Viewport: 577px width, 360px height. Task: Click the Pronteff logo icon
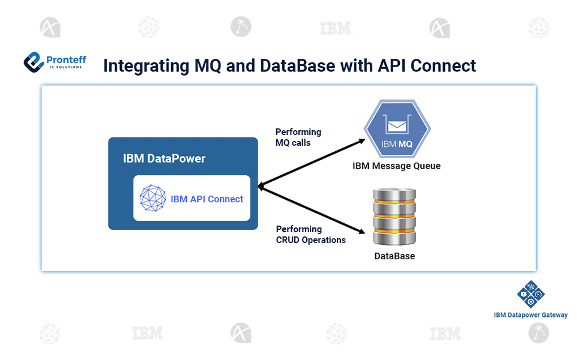(x=34, y=62)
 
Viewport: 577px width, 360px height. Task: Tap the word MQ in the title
(x=220, y=65)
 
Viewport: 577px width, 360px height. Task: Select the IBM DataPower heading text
(x=164, y=158)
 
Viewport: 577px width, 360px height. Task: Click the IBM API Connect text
(x=207, y=199)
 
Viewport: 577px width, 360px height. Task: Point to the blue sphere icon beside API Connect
(x=153, y=198)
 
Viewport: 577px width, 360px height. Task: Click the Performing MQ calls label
(x=298, y=137)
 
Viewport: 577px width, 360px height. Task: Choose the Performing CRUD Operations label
(x=310, y=235)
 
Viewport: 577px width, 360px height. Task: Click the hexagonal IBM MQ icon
(x=397, y=131)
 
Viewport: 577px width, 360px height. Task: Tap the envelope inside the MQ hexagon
(x=397, y=125)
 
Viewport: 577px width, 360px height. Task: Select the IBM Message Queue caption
(x=396, y=166)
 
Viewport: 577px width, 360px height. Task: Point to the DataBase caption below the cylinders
(x=394, y=256)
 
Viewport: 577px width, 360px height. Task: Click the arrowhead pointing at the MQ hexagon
(x=361, y=141)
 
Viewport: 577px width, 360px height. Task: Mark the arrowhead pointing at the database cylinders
(x=364, y=232)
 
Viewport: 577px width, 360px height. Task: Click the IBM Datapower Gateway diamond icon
(x=530, y=294)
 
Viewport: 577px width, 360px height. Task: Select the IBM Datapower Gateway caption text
(x=530, y=315)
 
